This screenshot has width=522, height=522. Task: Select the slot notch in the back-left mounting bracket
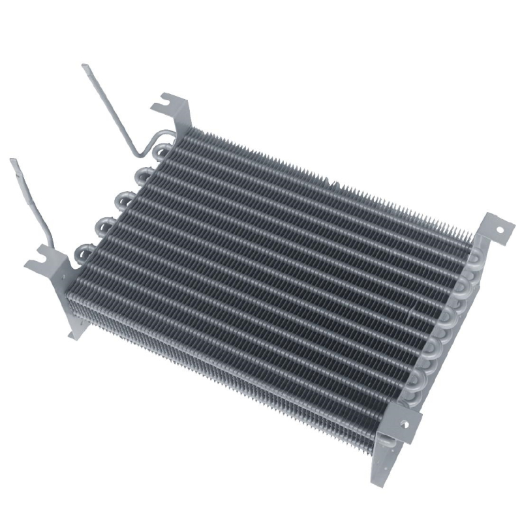pos(161,108)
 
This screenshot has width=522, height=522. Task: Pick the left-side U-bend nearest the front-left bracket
pos(84,250)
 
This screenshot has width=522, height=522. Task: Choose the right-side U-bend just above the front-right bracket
pos(418,385)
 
